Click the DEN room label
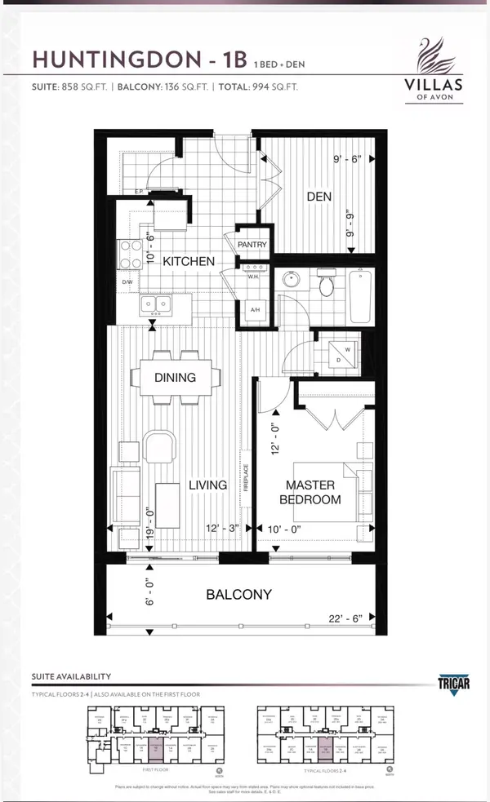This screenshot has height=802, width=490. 318,197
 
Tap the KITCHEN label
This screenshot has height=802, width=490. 189,262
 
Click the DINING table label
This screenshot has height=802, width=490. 175,378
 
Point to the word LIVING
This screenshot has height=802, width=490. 207,485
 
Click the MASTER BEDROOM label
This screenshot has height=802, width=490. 310,492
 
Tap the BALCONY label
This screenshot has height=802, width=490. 238,595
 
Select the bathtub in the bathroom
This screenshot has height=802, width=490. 359,298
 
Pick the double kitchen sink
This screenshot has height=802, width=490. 155,305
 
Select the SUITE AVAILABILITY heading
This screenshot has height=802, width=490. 71,676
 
